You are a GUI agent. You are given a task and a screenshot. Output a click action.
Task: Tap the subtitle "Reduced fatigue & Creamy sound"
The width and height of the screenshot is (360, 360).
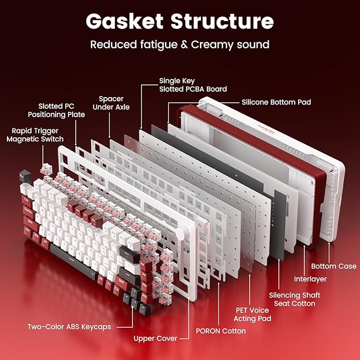click(180, 44)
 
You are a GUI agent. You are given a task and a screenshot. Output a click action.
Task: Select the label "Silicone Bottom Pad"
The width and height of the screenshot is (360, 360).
click(276, 102)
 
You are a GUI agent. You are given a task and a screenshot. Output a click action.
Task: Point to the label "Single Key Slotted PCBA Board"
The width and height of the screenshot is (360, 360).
click(193, 85)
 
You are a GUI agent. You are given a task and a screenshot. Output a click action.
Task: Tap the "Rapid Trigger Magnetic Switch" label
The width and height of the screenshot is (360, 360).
click(35, 135)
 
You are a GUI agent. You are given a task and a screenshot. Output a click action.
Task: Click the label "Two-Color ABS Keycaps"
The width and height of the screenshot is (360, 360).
click(69, 327)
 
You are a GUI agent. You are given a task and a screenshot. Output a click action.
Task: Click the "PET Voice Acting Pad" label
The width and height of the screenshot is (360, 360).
click(252, 314)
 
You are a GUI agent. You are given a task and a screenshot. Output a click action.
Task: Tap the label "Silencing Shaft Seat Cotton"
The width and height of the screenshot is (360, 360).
click(294, 299)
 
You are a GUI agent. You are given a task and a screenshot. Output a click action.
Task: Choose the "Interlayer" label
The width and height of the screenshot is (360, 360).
click(310, 279)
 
